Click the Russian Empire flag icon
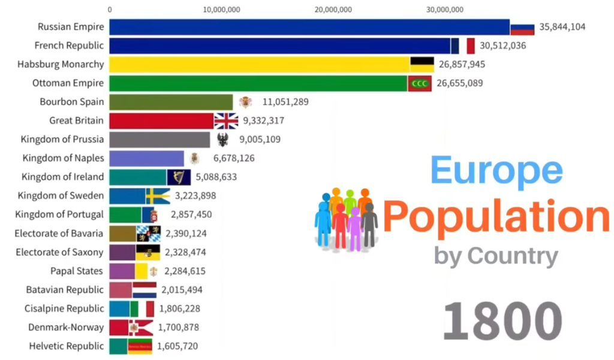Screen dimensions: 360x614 (x=522, y=28)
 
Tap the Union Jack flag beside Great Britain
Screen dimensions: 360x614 (x=226, y=121)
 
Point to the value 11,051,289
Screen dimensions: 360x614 (x=285, y=102)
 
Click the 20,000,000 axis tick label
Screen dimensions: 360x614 (x=333, y=9)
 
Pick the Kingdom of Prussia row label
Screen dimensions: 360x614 (x=62, y=139)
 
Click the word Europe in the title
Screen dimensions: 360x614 (x=496, y=170)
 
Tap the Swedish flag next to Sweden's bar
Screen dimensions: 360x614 (x=158, y=196)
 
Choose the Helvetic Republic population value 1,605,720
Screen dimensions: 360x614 (x=177, y=346)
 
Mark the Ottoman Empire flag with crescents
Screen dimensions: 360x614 (x=420, y=83)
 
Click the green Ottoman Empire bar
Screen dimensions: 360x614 (x=258, y=83)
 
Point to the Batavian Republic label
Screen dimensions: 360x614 (x=65, y=290)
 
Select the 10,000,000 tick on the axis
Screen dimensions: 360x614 (x=222, y=9)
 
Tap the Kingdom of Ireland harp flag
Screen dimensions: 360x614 (x=179, y=177)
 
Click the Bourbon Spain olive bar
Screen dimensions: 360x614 (x=171, y=102)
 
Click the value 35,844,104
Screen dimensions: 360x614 (x=562, y=27)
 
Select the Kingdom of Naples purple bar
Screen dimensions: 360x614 (x=146, y=158)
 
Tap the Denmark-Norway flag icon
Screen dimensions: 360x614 (x=140, y=328)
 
